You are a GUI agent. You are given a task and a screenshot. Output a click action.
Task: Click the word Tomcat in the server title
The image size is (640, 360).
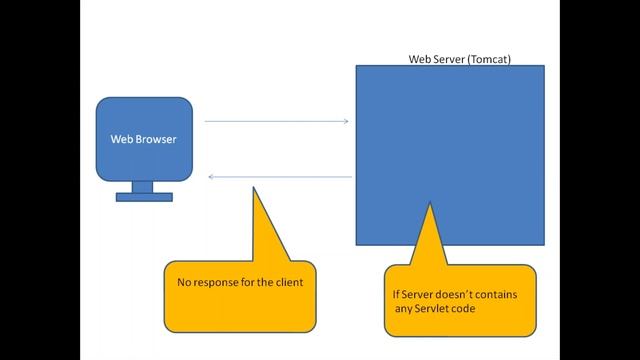(x=490, y=59)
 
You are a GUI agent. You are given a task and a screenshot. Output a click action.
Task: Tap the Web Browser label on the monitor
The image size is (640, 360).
(x=143, y=139)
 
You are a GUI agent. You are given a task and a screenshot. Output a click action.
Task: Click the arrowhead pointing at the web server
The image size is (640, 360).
(x=345, y=122)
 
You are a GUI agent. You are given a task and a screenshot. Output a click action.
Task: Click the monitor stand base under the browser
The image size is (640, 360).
(x=144, y=197)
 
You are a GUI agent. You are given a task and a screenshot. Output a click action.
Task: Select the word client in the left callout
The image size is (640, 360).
(x=285, y=283)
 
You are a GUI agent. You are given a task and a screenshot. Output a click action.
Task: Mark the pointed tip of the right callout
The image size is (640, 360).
(x=430, y=204)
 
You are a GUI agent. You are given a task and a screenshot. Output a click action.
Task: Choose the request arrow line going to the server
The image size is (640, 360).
(x=275, y=122)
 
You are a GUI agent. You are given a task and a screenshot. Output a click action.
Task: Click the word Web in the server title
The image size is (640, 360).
(x=420, y=59)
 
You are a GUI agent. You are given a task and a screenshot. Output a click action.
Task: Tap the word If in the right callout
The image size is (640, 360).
(x=397, y=293)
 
